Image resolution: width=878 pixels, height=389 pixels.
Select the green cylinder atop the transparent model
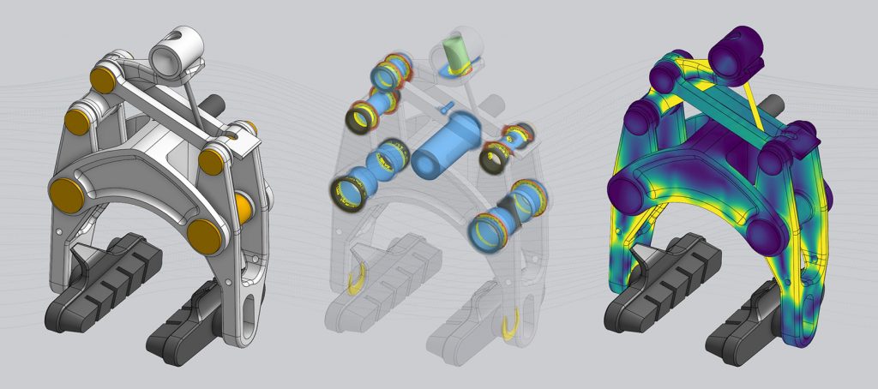point(454,54)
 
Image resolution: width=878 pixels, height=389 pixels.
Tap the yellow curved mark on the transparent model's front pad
point(509,326)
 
